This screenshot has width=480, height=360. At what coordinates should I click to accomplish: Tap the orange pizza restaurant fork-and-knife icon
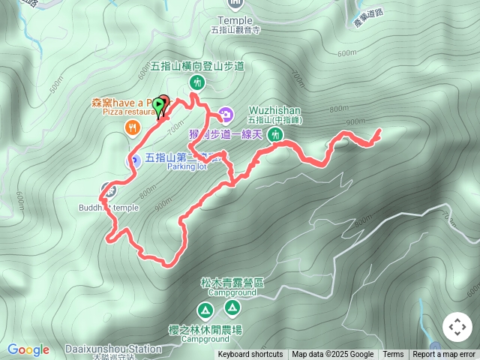133,127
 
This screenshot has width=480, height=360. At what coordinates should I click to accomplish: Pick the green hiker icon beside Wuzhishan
275,135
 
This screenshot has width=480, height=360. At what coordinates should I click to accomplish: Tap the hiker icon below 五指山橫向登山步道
198,81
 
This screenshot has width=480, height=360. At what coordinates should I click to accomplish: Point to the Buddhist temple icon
109,189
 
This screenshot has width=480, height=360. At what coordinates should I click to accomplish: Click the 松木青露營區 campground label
232,283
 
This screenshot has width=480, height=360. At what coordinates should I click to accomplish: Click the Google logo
28,349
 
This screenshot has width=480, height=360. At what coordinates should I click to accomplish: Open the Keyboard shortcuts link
250,355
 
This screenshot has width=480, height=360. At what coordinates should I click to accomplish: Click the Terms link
393,355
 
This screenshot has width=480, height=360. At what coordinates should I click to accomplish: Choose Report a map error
445,355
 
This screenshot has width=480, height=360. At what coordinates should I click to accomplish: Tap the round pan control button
457,327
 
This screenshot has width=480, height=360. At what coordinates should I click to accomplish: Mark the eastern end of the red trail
379,131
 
